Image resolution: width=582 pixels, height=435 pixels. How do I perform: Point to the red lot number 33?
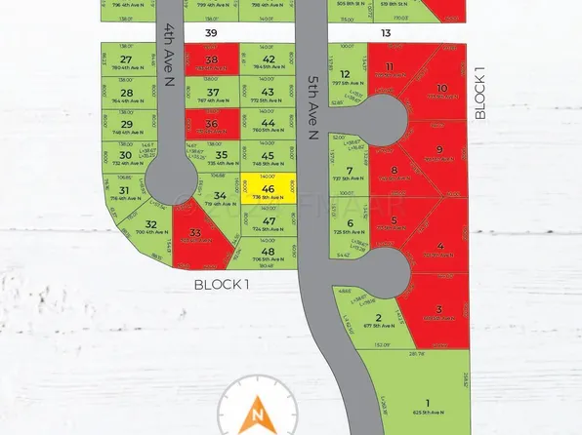click(x=195, y=232)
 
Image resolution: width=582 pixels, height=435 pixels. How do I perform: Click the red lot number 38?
click(x=213, y=59)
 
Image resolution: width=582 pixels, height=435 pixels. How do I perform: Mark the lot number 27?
click(x=125, y=59)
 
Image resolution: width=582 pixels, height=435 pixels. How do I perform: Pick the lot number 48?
click(x=268, y=252)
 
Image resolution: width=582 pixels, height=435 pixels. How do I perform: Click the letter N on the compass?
click(x=258, y=417)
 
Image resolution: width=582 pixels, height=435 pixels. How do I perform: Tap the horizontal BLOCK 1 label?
click(x=222, y=284)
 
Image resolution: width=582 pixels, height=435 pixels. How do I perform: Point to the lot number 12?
click(x=345, y=74)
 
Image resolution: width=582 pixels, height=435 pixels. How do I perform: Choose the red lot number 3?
click(x=438, y=309)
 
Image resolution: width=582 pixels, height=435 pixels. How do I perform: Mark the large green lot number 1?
click(x=427, y=403)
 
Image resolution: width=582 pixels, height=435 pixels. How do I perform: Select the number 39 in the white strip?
click(x=211, y=33)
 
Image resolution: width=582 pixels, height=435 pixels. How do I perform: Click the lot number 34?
click(x=219, y=196)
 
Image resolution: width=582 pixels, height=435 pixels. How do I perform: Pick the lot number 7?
click(x=348, y=170)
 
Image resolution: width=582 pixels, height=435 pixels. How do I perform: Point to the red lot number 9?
click(x=439, y=149)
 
